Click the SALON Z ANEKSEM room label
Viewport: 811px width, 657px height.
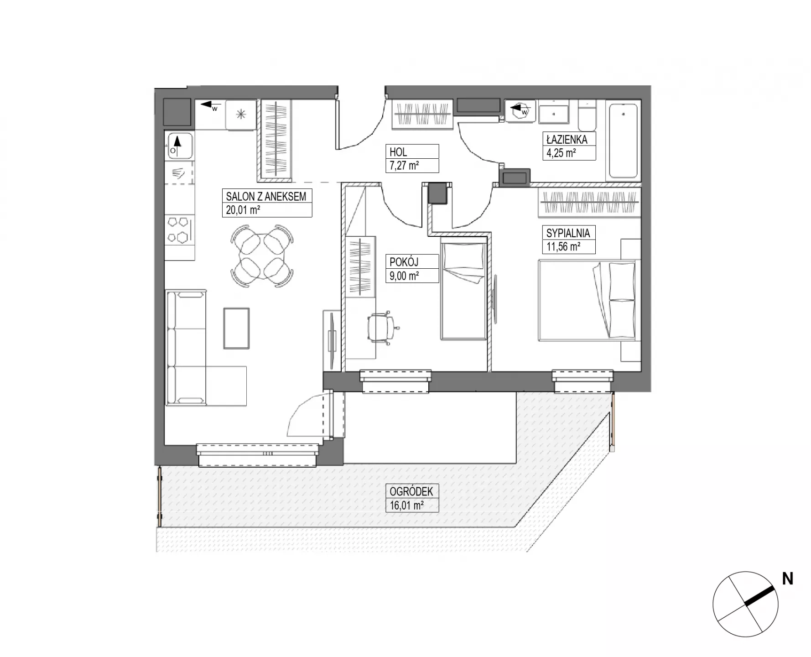click(x=266, y=197)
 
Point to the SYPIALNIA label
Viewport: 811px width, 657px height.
click(x=568, y=233)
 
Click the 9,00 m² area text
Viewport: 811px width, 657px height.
click(x=405, y=275)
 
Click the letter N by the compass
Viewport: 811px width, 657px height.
click(x=787, y=579)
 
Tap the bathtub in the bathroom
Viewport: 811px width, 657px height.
click(x=624, y=141)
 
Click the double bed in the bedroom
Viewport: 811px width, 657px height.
click(x=587, y=300)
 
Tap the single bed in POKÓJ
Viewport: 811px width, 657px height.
click(x=463, y=291)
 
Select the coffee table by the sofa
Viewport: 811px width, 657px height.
click(x=237, y=328)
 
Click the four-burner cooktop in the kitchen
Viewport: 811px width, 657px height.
click(x=179, y=230)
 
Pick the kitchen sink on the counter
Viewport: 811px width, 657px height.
click(x=179, y=146)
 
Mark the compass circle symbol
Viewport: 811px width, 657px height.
click(x=745, y=604)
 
